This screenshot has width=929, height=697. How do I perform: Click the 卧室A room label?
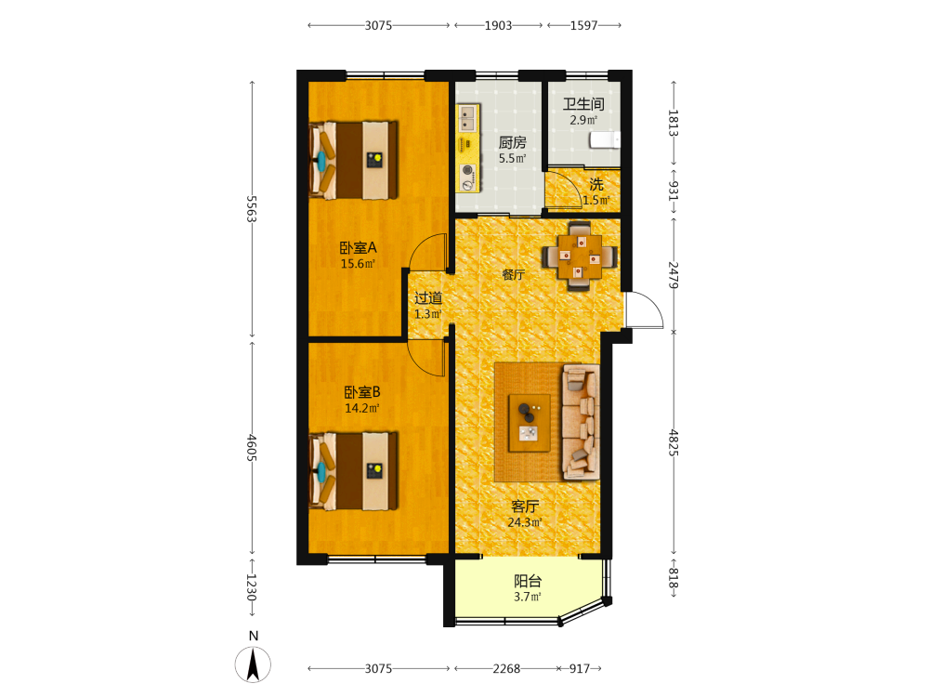click(358, 248)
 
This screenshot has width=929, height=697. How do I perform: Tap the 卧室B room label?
click(362, 392)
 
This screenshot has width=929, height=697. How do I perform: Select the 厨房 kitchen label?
click(513, 143)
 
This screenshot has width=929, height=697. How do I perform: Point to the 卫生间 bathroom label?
click(583, 104)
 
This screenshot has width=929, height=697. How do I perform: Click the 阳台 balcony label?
click(528, 581)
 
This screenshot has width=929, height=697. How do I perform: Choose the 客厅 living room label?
click(525, 506)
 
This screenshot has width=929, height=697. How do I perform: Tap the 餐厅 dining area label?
click(513, 274)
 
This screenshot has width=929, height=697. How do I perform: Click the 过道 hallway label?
click(427, 298)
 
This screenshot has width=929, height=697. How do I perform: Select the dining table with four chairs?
click(580, 256)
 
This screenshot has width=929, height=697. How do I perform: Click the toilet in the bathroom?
click(605, 140)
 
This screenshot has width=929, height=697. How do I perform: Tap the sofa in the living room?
click(581, 422)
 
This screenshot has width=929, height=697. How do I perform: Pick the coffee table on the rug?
click(530, 423)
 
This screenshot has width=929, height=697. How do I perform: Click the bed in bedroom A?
click(353, 160)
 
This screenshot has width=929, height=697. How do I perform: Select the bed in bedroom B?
click(353, 470)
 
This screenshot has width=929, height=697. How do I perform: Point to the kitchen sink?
click(468, 117)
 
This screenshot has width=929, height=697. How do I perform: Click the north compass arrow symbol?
click(253, 664)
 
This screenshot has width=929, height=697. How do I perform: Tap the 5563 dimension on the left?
click(252, 208)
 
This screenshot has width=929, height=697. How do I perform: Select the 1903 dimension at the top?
click(498, 25)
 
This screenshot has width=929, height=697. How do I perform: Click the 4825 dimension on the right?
click(673, 442)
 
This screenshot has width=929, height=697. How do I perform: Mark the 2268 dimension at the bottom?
click(506, 668)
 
